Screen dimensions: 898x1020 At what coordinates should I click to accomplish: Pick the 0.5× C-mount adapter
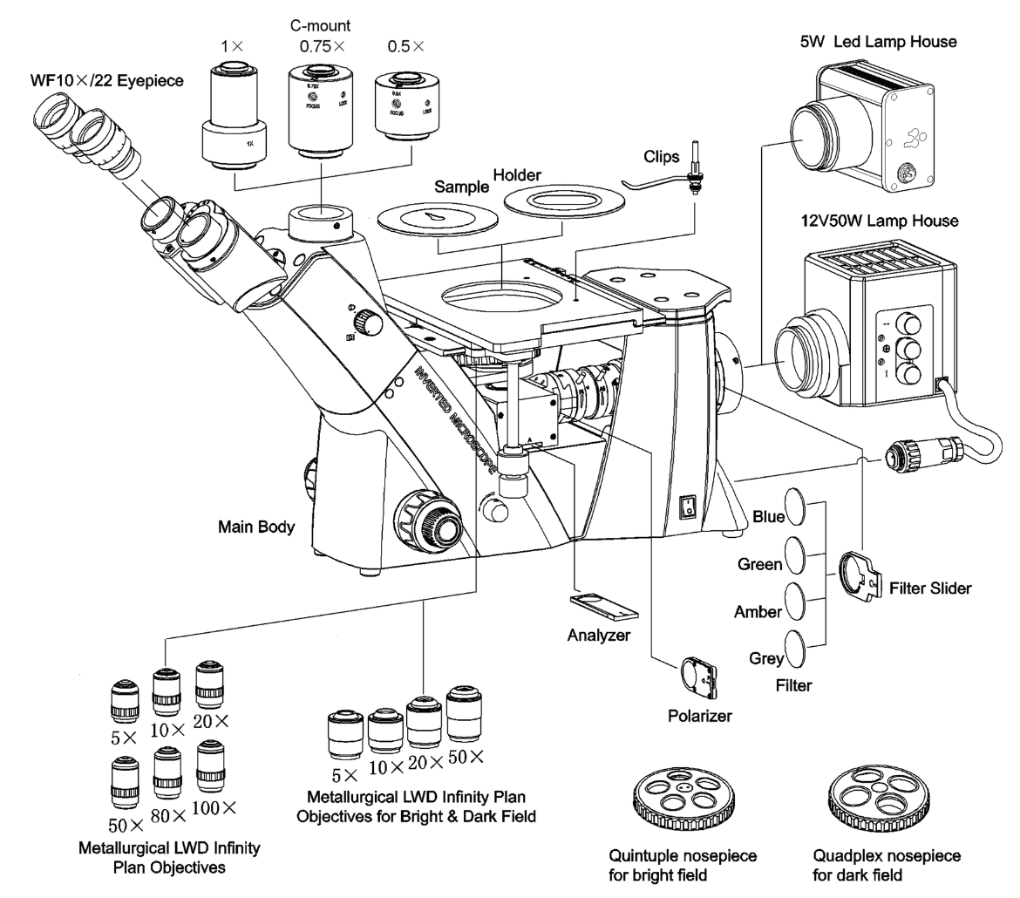click(404, 106)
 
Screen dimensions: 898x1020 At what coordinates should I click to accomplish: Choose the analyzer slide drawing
click(604, 605)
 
